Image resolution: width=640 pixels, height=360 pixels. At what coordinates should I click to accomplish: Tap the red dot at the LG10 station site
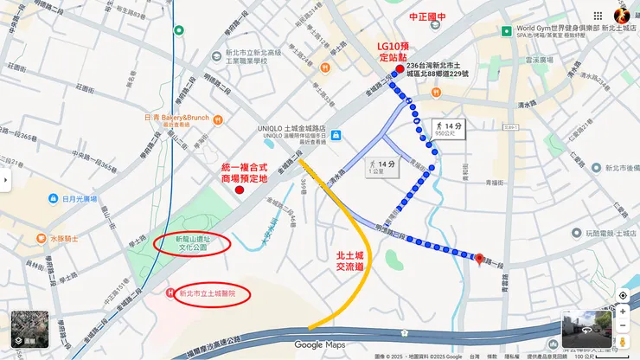pos(399,69)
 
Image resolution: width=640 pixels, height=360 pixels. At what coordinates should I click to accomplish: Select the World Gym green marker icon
pos(506,29)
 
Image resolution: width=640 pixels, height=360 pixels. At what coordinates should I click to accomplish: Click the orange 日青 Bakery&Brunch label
pos(177,119)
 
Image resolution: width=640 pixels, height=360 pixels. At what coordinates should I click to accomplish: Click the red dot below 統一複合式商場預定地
pos(239,189)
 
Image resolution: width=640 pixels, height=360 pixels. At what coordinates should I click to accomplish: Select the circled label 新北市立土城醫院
pos(208,294)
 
